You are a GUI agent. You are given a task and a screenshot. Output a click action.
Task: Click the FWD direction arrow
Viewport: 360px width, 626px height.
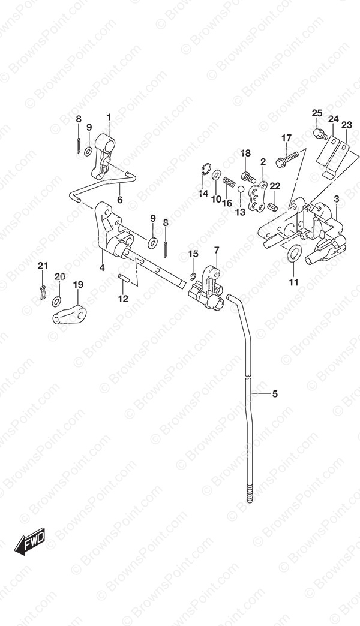[31, 541]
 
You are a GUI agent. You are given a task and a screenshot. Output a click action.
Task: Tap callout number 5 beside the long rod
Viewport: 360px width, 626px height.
[274, 394]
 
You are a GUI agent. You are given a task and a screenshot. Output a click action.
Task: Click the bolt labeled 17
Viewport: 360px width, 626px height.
[293, 159]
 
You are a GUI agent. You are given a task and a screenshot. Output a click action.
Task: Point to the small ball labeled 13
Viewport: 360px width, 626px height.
[241, 189]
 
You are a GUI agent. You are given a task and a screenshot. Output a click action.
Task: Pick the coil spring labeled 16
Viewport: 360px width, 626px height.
[228, 182]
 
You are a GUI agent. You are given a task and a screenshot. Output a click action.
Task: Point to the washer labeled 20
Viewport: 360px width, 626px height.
[57, 301]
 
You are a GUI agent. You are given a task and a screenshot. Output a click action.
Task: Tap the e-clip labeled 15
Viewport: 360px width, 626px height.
[192, 275]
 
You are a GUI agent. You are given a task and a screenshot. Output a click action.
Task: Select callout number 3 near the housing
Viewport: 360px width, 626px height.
[337, 198]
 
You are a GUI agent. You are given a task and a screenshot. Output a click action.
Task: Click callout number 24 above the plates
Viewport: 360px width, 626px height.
[333, 119]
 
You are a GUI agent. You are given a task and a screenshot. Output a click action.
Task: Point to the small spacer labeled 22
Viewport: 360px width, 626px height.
[273, 207]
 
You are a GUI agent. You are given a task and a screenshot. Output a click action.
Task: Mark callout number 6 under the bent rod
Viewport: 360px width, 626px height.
[120, 200]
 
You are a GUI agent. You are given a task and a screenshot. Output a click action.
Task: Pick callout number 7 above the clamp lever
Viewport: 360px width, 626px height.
[216, 250]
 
